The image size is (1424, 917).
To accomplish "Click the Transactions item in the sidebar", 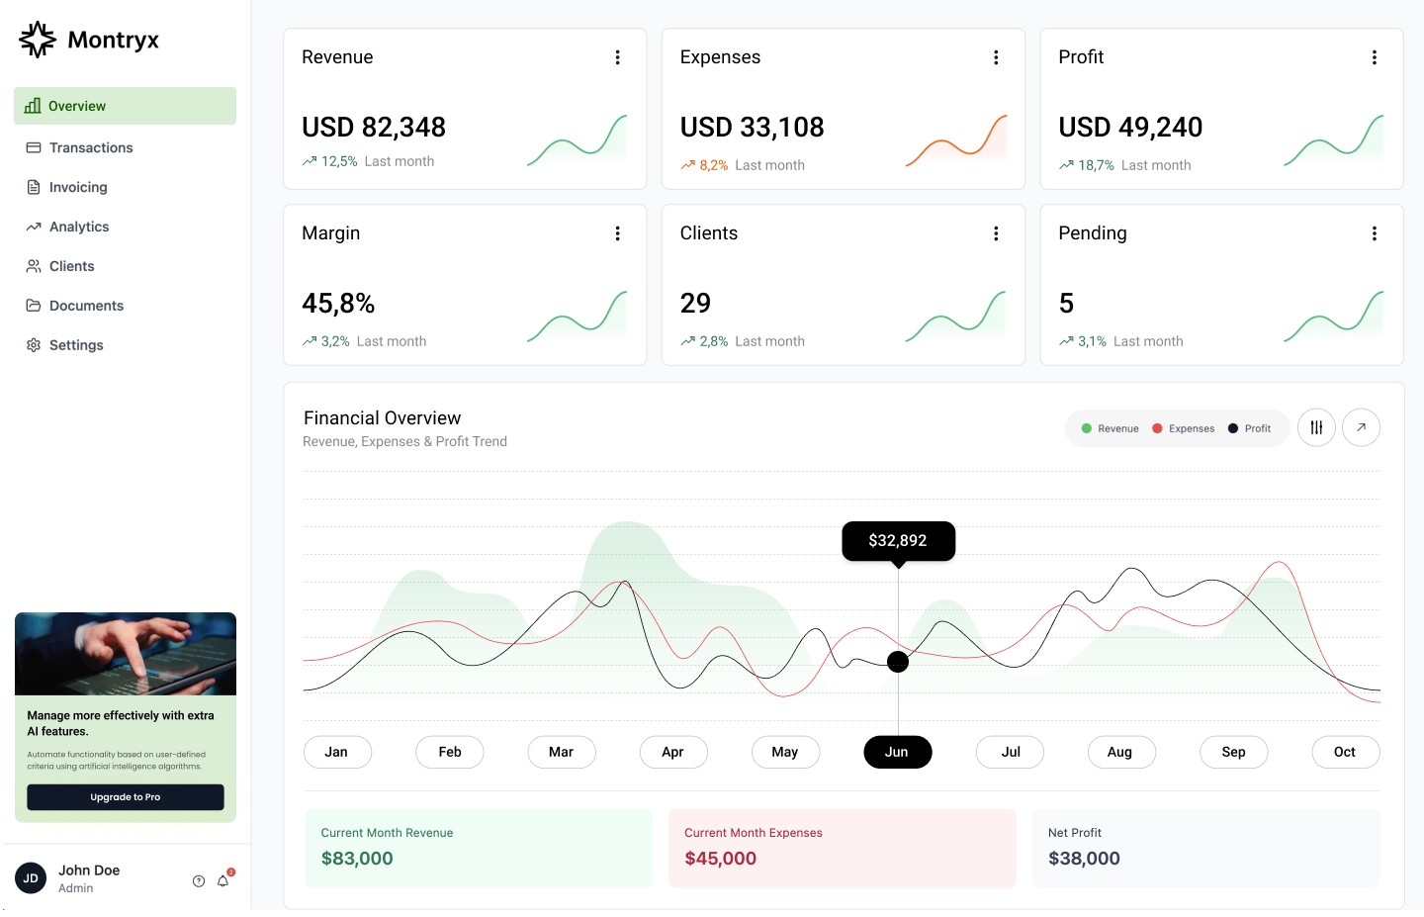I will (x=90, y=147).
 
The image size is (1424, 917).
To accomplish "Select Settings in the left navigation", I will (x=75, y=345).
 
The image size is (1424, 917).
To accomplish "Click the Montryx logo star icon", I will (x=38, y=40).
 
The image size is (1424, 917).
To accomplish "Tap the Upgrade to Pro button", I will (x=126, y=797).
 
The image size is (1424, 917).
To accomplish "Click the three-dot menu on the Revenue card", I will (x=618, y=57).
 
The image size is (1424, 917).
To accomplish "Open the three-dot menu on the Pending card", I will (x=1374, y=233).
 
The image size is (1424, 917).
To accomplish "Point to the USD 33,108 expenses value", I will (x=752, y=127).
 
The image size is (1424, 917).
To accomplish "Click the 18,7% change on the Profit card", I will (x=1095, y=165).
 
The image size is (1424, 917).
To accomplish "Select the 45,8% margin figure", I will (x=338, y=303).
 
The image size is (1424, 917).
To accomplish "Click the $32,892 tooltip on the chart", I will (x=898, y=540).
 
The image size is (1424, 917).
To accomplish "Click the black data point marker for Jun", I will (x=898, y=662).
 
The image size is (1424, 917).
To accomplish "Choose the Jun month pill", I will (x=897, y=752).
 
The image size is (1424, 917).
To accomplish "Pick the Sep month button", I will (x=1233, y=752).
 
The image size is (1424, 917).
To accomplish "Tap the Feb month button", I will (x=450, y=752).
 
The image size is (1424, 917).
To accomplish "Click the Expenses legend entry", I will (x=1184, y=428).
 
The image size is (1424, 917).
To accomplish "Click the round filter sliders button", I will (x=1316, y=427).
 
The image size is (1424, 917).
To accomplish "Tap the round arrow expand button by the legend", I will (x=1361, y=427).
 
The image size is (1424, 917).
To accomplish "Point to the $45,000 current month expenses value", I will (x=720, y=859).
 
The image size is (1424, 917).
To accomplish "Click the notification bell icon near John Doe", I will (x=223, y=880).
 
